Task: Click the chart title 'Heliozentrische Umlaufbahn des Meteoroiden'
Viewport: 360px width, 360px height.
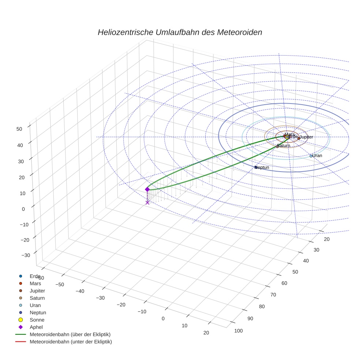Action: coord(180,32)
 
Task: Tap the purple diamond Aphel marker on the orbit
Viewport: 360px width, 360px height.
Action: coord(147,189)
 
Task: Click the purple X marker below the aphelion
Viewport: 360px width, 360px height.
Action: coord(147,202)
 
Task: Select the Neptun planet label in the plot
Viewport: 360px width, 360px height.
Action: coord(262,168)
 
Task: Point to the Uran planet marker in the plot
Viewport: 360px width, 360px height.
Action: coord(311,156)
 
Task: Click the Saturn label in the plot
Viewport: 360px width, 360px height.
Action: coord(284,146)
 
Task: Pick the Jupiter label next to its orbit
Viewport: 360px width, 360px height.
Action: coord(306,137)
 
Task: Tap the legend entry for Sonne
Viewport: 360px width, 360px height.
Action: coord(37,320)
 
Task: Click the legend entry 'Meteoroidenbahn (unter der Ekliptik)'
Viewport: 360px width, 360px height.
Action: coord(71,342)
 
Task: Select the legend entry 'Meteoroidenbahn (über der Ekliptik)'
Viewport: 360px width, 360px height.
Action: coord(70,334)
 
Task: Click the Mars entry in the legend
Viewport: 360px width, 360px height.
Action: coord(35,283)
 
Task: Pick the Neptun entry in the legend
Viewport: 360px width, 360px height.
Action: coord(38,312)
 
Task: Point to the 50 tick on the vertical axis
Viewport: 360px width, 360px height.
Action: coord(19,128)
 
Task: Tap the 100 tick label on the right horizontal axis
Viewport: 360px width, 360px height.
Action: coord(238,331)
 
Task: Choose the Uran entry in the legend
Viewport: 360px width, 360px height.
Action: coord(35,305)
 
